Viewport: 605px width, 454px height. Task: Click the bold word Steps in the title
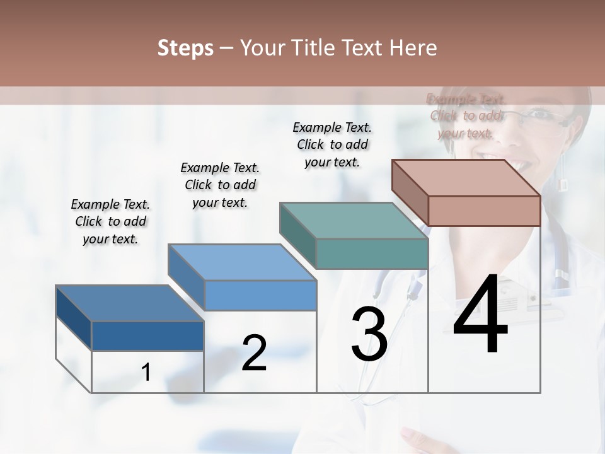coord(185,48)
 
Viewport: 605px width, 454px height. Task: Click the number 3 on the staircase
coord(369,334)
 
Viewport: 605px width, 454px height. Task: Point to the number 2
coord(254,353)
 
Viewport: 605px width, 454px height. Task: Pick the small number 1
coord(146,373)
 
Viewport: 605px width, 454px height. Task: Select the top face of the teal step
coord(354,221)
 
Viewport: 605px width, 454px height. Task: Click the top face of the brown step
coord(466,178)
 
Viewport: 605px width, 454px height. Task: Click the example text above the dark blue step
coord(110,221)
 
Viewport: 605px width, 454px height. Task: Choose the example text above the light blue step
coord(220,185)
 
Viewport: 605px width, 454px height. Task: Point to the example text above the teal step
coord(332,144)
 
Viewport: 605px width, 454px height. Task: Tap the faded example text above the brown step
coord(466,116)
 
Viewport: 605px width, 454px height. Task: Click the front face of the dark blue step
coord(147,336)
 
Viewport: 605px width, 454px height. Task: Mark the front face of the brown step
coord(484,211)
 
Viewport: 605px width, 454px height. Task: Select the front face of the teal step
coord(372,253)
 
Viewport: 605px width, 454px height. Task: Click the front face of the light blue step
coord(260,295)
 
